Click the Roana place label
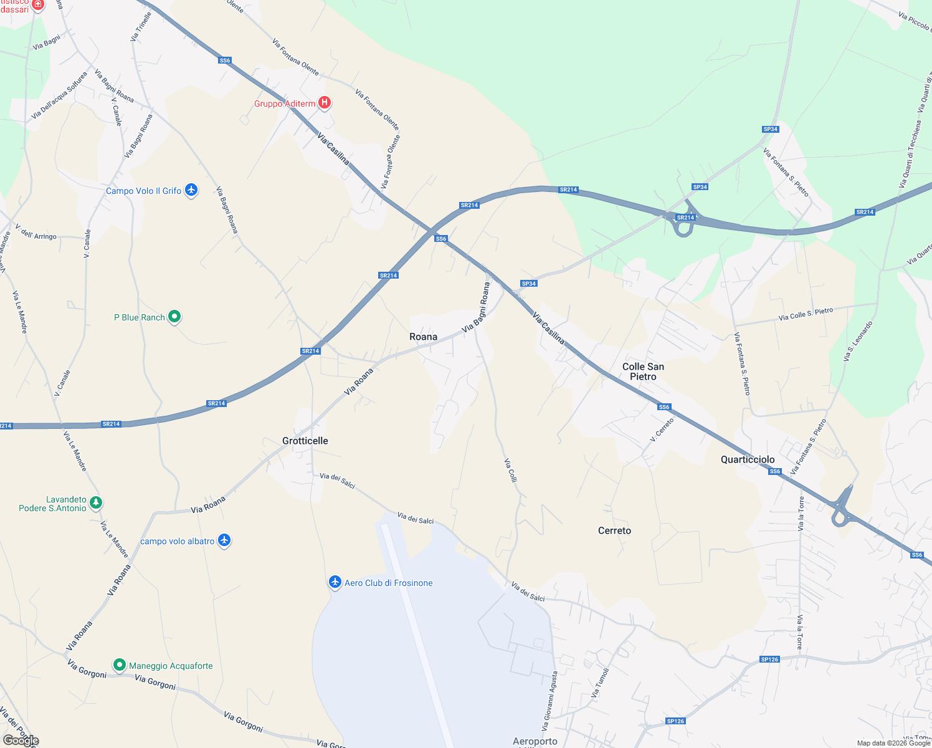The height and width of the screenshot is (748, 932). [x=423, y=337]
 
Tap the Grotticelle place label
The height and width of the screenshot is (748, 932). [x=305, y=441]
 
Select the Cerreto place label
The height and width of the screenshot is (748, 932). [x=614, y=530]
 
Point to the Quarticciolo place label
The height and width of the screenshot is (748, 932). [x=748, y=459]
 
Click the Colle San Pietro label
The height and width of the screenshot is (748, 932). [x=643, y=372]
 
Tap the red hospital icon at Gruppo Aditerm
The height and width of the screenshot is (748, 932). [x=324, y=102]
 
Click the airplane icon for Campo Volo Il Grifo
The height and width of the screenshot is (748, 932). [x=191, y=190]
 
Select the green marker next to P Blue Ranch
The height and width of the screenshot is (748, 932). [x=174, y=317]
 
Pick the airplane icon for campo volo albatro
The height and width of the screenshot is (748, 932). [x=224, y=540]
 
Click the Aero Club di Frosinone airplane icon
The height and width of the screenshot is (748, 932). [x=335, y=582]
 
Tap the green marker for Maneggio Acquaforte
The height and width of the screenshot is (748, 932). [x=119, y=665]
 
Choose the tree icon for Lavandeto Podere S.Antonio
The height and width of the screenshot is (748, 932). [x=95, y=502]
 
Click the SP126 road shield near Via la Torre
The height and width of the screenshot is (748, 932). [x=769, y=659]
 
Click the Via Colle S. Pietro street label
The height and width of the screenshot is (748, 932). [x=806, y=314]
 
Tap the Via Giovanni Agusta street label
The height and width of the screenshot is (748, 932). [x=550, y=701]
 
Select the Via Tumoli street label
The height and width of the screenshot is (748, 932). [x=599, y=683]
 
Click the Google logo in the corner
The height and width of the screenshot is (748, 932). [x=21, y=741]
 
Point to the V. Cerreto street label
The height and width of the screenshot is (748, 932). [x=662, y=430]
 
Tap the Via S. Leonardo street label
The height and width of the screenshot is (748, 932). [x=858, y=341]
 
